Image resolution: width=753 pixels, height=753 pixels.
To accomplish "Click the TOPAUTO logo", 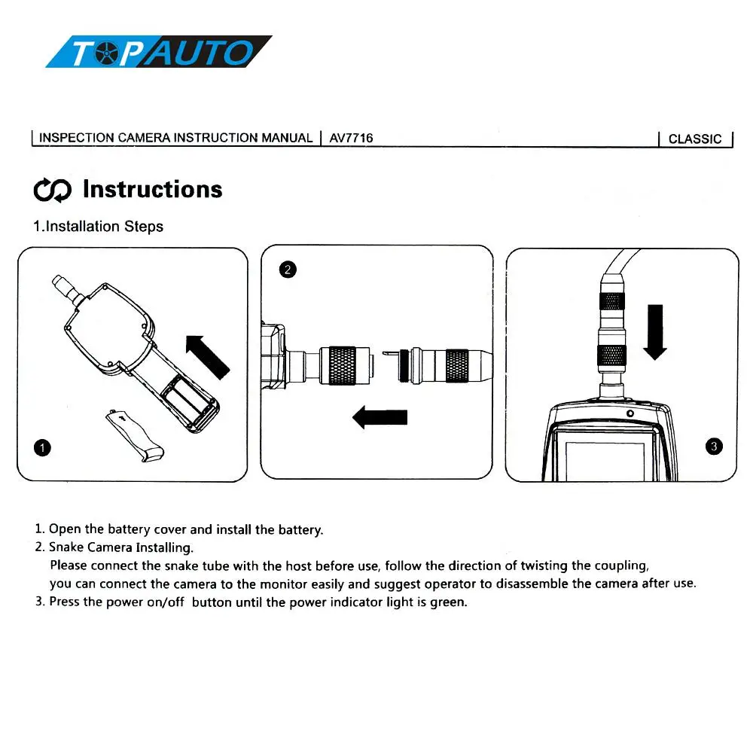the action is [158, 52].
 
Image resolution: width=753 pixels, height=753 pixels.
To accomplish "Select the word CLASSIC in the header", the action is [694, 139].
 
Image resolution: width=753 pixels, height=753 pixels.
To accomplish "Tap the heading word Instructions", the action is [152, 189].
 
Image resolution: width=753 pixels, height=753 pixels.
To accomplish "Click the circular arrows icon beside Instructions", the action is [53, 190].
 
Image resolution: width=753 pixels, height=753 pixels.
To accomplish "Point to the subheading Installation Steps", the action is [98, 226].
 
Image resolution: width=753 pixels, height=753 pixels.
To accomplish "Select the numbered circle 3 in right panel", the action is [715, 447].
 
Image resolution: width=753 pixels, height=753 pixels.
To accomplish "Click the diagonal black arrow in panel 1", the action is [207, 356].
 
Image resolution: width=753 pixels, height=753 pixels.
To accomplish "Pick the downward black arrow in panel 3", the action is [656, 331].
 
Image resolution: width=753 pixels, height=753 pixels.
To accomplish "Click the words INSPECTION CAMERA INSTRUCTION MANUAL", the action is [175, 138].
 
